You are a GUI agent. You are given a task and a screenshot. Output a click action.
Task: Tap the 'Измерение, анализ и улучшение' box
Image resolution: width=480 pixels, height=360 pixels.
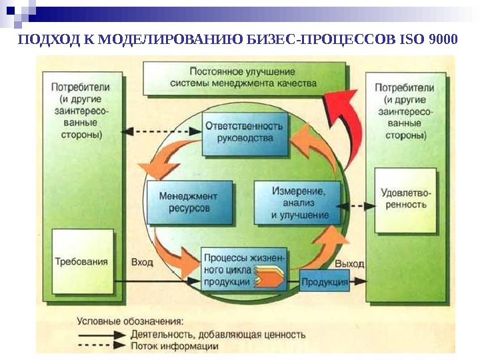(x=300, y=201)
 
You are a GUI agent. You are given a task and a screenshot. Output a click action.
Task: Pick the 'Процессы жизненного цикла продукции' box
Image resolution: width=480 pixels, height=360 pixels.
(x=245, y=269)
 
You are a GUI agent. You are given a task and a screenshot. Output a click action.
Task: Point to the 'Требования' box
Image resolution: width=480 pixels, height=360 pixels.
(x=82, y=261)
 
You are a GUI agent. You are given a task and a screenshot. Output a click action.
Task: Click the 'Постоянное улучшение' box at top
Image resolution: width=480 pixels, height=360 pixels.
(x=243, y=79)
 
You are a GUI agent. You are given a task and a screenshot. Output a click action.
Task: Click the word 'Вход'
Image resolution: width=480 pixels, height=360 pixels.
(x=142, y=262)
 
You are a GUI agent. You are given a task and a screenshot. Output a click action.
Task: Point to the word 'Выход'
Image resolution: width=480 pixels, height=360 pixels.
(x=349, y=264)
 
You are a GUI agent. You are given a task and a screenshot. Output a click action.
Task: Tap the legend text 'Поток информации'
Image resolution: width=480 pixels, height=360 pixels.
(x=175, y=346)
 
